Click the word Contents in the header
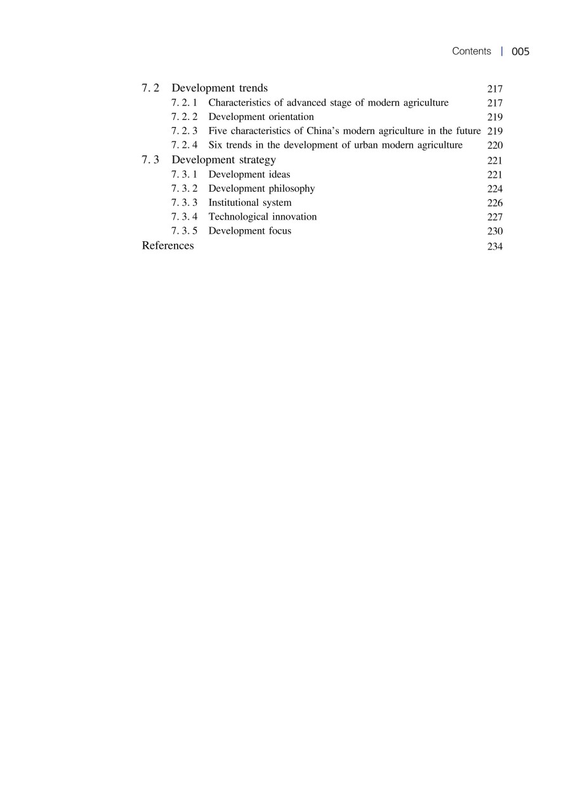coord(471,51)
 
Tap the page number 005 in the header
coord(520,52)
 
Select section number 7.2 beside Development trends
coord(150,88)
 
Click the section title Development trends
coord(220,88)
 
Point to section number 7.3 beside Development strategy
coord(150,160)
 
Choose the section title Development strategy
coord(223,160)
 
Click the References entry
coord(167,246)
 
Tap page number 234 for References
coord(495,246)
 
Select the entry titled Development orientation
coord(261,117)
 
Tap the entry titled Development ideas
coord(249,174)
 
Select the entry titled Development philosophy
coord(261,189)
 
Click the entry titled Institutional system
coord(250,203)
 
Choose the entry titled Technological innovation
coord(263,216)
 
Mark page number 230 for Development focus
coord(495,232)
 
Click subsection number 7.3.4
coord(184,216)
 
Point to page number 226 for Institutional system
coord(495,203)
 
